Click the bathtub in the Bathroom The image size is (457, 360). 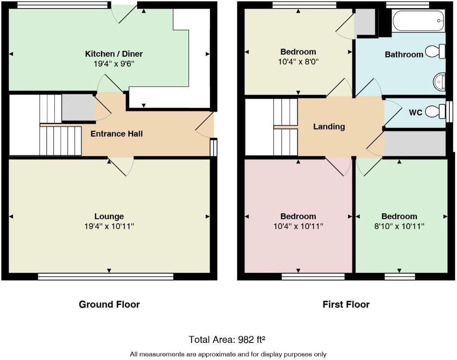pyautogui.click(x=418, y=20)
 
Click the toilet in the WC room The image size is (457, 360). pyautogui.click(x=435, y=111)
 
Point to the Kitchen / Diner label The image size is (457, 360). pyautogui.click(x=114, y=54)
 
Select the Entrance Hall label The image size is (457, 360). pyautogui.click(x=116, y=134)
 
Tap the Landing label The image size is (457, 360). pyautogui.click(x=329, y=126)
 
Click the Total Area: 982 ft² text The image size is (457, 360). pyautogui.click(x=230, y=339)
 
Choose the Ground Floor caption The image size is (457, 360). pyautogui.click(x=109, y=304)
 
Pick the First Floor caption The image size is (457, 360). pyautogui.click(x=346, y=304)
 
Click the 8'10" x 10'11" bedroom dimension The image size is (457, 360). pyautogui.click(x=399, y=226)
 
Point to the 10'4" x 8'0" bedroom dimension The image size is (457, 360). pyautogui.click(x=298, y=61)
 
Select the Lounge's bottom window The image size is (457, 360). pyautogui.click(x=106, y=277)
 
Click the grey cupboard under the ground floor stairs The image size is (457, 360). pyautogui.click(x=77, y=108)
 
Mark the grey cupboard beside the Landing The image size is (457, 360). pyautogui.click(x=414, y=143)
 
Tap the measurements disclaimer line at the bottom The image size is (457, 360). pyautogui.click(x=228, y=354)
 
